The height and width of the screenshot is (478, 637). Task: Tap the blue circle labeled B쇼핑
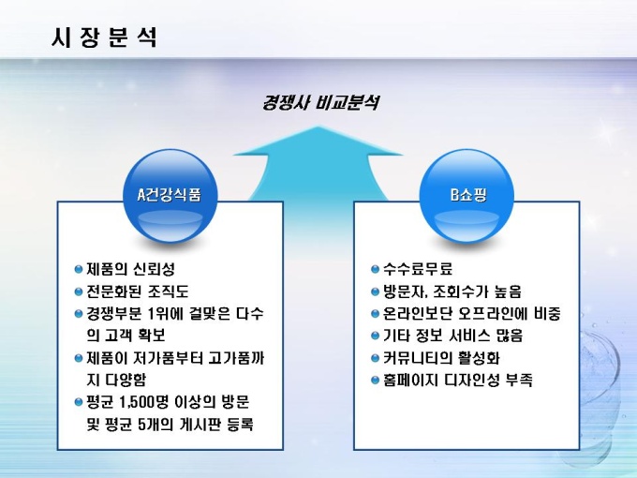click(468, 197)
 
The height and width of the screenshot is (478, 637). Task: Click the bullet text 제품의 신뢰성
click(130, 268)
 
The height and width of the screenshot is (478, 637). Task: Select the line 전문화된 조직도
click(137, 291)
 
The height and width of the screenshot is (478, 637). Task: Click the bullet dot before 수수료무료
click(375, 268)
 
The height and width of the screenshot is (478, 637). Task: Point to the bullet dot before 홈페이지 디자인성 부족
click(375, 381)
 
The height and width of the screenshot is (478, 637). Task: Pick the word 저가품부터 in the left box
click(166, 358)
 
